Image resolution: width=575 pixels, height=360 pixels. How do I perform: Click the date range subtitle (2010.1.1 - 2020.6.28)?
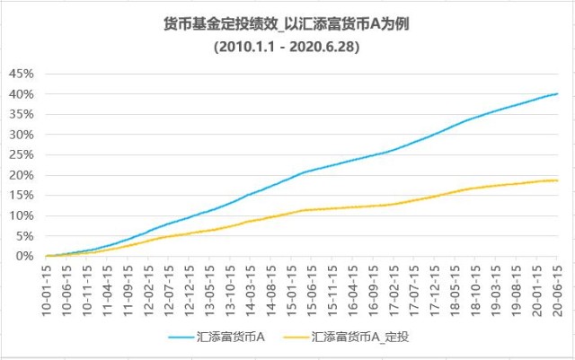tap(287, 48)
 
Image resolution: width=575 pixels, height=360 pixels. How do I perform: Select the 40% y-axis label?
tap(20, 94)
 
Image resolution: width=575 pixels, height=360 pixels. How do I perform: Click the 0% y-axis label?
tap(23, 256)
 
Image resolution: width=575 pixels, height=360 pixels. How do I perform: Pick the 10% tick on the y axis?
tap(20, 215)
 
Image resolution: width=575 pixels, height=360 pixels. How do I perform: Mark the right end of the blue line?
tap(558, 93)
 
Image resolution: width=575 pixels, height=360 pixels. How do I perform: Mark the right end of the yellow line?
tap(558, 180)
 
